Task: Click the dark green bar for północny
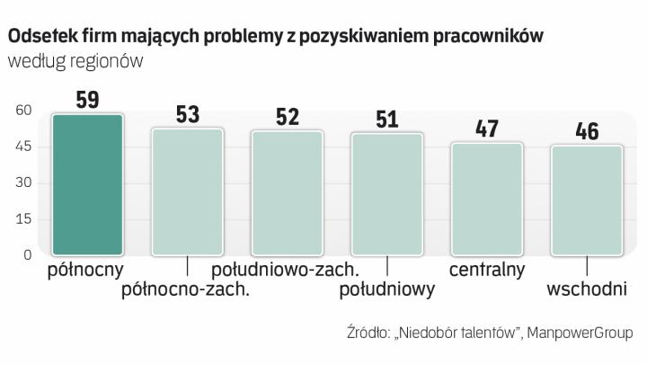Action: [87, 184]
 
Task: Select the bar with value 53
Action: [187, 191]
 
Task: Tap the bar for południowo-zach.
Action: [287, 192]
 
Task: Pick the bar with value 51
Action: [386, 194]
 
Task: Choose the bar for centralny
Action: [486, 199]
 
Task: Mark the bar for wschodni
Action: [587, 200]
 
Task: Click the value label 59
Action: [87, 100]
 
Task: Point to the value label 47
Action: [486, 129]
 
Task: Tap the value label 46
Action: [587, 131]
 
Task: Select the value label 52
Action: [287, 117]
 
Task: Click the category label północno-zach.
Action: [185, 289]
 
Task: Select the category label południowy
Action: [387, 289]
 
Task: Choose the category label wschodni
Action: [587, 289]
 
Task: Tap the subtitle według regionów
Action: [75, 61]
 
